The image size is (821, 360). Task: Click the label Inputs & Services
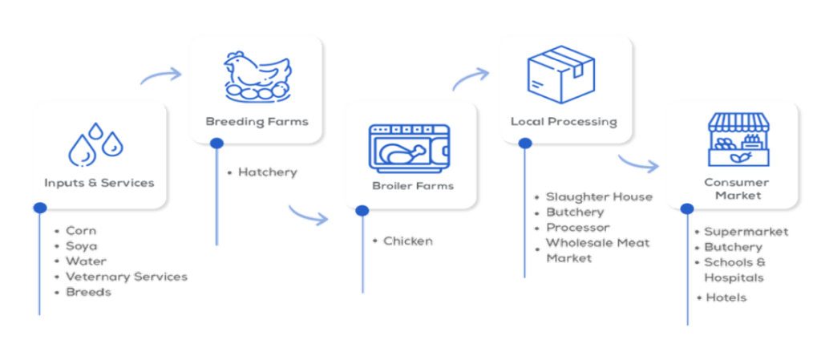pyautogui.click(x=99, y=183)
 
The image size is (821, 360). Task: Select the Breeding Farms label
pyautogui.click(x=257, y=122)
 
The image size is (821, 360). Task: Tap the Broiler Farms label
pyautogui.click(x=412, y=186)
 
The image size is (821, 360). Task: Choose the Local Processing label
pyautogui.click(x=564, y=122)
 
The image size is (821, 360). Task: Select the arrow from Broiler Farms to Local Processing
pyautogui.click(x=470, y=77)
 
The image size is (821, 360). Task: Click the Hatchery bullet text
pyautogui.click(x=267, y=172)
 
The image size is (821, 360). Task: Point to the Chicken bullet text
pyautogui.click(x=408, y=241)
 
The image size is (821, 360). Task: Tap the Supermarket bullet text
pyautogui.click(x=746, y=233)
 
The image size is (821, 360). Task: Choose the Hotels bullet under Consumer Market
pyautogui.click(x=726, y=297)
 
